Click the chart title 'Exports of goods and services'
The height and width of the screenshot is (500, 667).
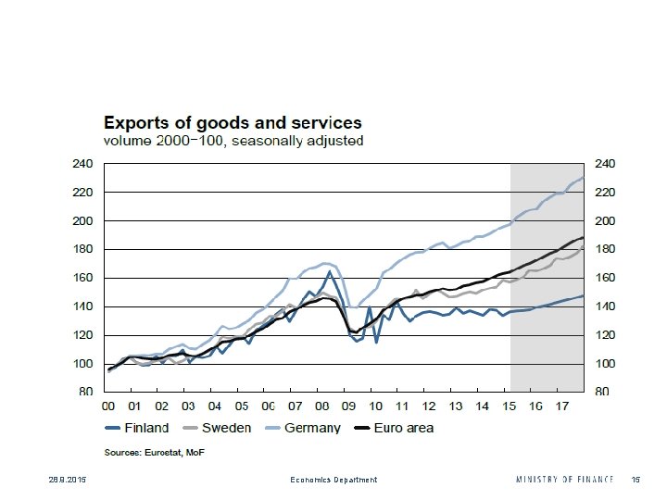233,122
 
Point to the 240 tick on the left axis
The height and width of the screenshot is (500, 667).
84,164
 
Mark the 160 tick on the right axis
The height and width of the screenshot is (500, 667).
603,279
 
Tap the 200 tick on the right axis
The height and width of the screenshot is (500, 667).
603,221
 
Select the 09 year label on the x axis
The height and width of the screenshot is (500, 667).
348,406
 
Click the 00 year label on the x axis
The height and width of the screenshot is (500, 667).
108,406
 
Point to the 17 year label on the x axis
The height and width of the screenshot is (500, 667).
562,406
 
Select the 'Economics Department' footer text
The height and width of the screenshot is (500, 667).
333,480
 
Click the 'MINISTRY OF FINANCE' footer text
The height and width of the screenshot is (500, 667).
564,480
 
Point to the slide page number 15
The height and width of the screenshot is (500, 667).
636,480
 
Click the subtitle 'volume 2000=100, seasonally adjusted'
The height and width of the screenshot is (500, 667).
233,142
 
